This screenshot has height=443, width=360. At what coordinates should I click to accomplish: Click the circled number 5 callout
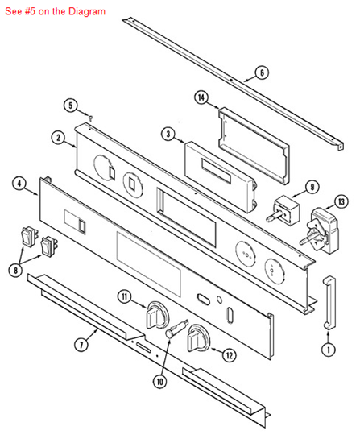pos(70,106)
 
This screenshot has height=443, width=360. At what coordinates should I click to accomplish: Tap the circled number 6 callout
pos(262,72)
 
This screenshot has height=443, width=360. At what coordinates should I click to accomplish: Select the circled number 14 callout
pos(201,97)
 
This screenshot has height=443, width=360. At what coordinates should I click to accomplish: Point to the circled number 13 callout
pos(341,201)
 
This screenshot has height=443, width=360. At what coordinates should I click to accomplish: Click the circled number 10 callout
pos(160,382)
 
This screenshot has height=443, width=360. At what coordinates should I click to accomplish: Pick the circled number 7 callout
pos(81,345)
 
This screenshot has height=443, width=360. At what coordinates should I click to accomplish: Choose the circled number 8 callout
pos(15,271)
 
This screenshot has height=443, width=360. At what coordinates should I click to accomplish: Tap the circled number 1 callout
pos(329,350)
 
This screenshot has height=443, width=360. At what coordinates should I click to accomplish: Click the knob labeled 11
pos(157,315)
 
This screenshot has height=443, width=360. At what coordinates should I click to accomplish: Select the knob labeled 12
pos(198,338)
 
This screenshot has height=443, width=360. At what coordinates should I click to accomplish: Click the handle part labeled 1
pos(329,303)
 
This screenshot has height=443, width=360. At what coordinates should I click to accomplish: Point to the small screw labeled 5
pos(90,117)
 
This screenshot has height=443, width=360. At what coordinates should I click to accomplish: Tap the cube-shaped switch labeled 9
pos(283,210)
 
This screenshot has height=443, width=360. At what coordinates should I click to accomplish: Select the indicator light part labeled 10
pos(176,329)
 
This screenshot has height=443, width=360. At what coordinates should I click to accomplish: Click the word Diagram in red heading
pos(87,11)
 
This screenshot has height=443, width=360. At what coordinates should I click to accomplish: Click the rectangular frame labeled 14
pos(254,146)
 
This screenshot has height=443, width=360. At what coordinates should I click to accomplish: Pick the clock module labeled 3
pos(220,177)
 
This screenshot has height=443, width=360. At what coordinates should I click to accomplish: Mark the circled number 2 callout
pos(58,138)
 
